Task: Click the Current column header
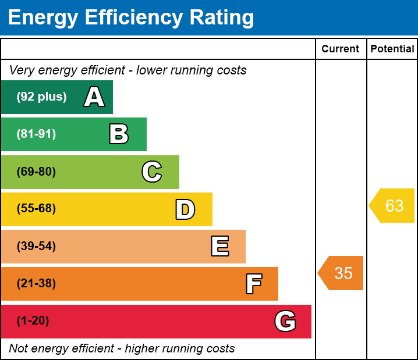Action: (341, 49)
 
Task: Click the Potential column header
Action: (392, 49)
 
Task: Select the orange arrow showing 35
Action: (341, 273)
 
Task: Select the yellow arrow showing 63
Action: (392, 205)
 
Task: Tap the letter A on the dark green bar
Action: (94, 97)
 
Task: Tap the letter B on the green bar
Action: (119, 134)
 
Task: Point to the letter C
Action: (151, 172)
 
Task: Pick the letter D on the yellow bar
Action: (185, 209)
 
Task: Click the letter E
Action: (219, 247)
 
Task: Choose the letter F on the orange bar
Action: (253, 284)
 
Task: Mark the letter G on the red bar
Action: (285, 321)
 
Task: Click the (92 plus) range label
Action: (41, 97)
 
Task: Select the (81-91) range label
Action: (36, 134)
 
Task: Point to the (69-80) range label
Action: (36, 172)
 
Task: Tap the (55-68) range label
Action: (36, 209)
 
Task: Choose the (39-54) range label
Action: (36, 247)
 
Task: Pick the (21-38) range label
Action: (36, 284)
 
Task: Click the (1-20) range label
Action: (33, 321)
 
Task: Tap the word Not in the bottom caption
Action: (19, 349)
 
